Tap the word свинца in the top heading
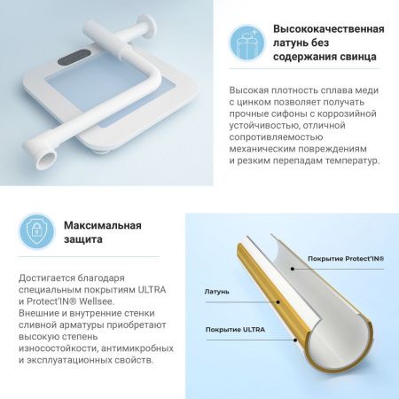pos(353,56)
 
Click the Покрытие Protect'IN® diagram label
pos(346,260)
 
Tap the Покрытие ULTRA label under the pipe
pos(236,331)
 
